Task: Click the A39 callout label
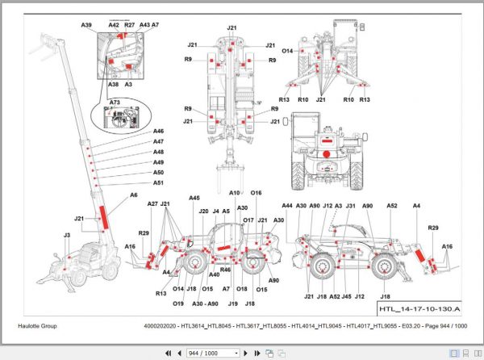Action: coord(87,26)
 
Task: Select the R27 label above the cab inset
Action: coord(130,26)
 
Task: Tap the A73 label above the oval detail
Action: coord(114,103)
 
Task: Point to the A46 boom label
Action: coord(158,132)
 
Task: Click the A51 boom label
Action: coord(158,183)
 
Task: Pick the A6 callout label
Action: coord(134,196)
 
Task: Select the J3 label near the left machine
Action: coord(67,235)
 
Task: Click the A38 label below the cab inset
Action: coord(114,84)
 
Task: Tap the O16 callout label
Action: coord(257,193)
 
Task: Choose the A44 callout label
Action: coord(287,207)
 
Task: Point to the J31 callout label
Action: coord(351,207)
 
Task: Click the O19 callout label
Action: coord(177,303)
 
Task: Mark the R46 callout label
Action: coord(226,270)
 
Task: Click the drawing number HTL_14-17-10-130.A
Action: coord(419,309)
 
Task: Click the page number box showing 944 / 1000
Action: coord(212,353)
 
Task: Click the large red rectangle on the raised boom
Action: coord(102,216)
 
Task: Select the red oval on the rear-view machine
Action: coord(327,152)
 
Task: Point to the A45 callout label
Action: coord(194,198)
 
